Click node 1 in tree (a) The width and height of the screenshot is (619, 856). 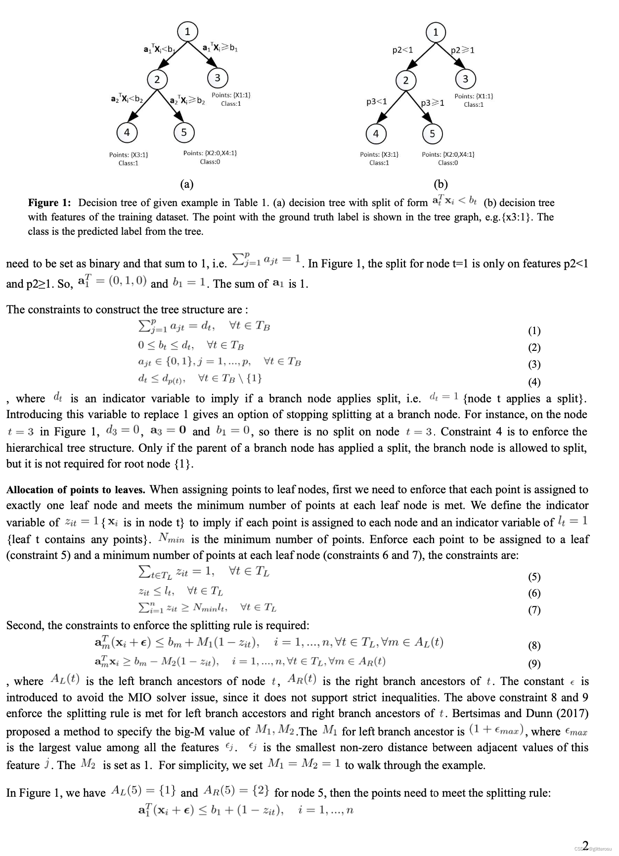pos(187,32)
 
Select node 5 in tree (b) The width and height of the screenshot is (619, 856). pos(432,133)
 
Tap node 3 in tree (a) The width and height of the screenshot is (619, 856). pos(217,78)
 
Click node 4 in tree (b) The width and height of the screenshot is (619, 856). pos(376,133)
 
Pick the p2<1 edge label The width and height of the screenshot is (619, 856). pos(402,50)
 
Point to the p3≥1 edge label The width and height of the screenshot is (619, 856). pos(433,103)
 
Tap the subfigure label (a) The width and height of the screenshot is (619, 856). pos(186,184)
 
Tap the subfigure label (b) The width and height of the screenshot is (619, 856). pos(440,184)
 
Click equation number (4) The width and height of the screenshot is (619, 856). pos(534,382)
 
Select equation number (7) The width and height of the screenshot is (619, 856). pos(534,610)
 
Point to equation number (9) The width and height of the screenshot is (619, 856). pos(534,664)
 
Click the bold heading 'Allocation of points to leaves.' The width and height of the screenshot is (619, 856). pos(76,490)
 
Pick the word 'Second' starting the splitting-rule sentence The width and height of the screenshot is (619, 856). pos(23,626)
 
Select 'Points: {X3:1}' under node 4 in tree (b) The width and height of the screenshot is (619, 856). pos(379,154)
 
